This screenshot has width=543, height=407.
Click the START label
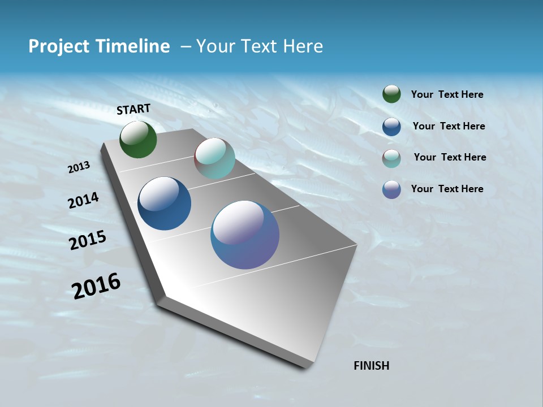click(x=133, y=109)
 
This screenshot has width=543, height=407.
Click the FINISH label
click(x=371, y=366)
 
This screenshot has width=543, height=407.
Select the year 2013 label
click(x=79, y=167)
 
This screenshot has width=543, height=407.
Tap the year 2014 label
click(x=84, y=200)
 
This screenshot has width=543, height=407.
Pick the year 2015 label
click(x=88, y=240)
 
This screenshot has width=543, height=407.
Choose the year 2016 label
click(x=97, y=285)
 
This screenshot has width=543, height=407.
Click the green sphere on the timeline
click(x=138, y=139)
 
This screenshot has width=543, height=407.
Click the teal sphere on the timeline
click(x=214, y=158)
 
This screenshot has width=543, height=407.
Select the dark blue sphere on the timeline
click(x=164, y=203)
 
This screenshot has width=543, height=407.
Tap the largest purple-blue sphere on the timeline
click(x=245, y=235)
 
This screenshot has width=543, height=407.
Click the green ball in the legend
click(x=391, y=94)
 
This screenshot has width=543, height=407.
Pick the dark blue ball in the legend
click(x=391, y=127)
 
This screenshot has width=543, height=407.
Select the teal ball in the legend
click(x=391, y=158)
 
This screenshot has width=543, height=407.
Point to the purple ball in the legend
click(x=391, y=189)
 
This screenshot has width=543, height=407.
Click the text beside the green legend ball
click(x=447, y=94)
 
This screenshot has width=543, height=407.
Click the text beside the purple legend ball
click(x=447, y=189)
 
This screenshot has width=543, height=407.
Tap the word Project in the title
click(x=58, y=46)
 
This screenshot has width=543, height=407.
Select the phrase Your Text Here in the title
click(x=259, y=46)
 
